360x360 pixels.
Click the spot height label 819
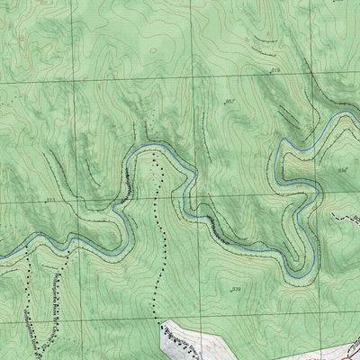coord(275,69)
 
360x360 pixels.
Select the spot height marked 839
coord(237,289)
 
